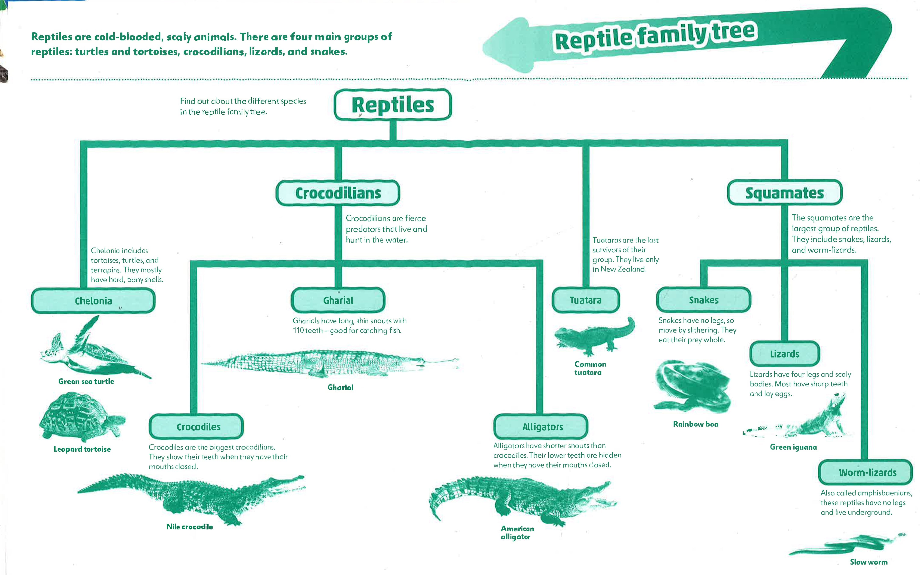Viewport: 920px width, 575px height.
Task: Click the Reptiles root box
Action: [393, 105]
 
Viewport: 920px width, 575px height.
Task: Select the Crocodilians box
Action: [338, 193]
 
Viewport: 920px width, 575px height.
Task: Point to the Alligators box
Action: [540, 427]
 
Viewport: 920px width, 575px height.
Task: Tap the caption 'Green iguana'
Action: [793, 447]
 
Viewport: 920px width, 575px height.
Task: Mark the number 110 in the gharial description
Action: [298, 330]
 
